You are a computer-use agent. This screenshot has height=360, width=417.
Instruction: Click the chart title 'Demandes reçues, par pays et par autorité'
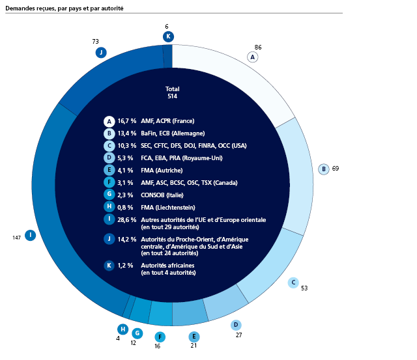pos(65,8)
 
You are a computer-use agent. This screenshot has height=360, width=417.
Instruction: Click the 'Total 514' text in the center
pos(173,92)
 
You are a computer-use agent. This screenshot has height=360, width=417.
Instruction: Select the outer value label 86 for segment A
pos(258,48)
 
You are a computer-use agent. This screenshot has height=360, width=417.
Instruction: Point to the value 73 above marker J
pos(95,42)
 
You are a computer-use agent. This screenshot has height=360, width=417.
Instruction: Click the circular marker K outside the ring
pos(168,36)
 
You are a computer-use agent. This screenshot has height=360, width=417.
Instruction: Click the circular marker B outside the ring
pos(323,169)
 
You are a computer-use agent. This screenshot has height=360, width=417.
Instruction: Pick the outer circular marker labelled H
pos(122,329)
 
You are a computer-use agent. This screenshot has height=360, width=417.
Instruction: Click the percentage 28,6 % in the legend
pos(126,219)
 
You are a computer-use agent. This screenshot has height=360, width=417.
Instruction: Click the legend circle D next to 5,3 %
pos(109,158)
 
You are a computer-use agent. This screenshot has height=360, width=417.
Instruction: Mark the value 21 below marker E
pos(194,345)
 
